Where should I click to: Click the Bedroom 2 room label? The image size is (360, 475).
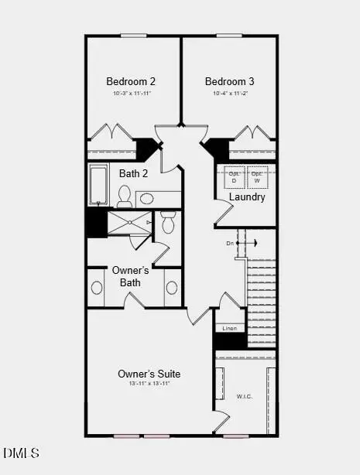(132, 81)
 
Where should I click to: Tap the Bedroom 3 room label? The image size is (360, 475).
(230, 81)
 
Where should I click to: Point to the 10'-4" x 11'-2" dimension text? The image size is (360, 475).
(230, 94)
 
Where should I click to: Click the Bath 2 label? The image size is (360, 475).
(133, 173)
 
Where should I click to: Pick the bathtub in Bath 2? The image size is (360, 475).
(98, 184)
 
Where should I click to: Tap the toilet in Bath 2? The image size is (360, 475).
(125, 197)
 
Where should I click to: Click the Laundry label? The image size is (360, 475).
(247, 196)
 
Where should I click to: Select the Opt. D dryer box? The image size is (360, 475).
(235, 176)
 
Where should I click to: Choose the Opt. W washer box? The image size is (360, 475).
(258, 176)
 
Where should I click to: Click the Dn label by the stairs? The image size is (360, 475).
(230, 243)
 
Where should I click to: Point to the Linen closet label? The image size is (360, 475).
(229, 329)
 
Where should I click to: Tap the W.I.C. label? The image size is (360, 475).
(245, 397)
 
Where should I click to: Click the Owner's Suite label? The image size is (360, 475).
(149, 373)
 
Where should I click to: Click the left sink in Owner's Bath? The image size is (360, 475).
(97, 288)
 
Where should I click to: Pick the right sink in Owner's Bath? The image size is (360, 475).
(172, 288)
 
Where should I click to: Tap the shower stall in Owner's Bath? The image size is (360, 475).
(129, 224)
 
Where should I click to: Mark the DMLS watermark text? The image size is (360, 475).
(21, 453)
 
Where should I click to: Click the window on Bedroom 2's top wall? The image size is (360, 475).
(134, 35)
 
